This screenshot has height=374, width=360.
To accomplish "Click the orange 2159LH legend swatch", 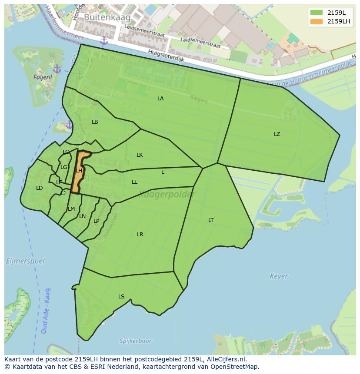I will (x=317, y=21).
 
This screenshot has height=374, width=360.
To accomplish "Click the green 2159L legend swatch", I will (x=317, y=13).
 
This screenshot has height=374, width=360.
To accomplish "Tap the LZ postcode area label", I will (x=277, y=134).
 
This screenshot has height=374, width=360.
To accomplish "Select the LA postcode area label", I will (x=160, y=99).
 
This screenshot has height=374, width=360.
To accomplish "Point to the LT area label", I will (x=211, y=220).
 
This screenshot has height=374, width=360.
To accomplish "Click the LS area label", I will (x=121, y=297).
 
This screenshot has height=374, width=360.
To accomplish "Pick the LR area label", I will (x=140, y=235).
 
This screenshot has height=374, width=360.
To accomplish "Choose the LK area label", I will (x=140, y=155).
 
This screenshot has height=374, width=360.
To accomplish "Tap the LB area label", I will (x=95, y=122).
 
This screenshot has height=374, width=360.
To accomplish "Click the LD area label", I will (x=40, y=188).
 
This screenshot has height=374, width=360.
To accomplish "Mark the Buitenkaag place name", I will (x=101, y=17).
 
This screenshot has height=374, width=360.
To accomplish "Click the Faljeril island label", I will (x=43, y=77).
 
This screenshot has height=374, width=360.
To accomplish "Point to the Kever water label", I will (x=279, y=276).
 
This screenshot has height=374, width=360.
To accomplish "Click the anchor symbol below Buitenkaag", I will (x=104, y=41).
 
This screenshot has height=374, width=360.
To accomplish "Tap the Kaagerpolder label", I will (x=167, y=195).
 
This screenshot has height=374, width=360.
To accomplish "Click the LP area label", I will (x=97, y=221).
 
